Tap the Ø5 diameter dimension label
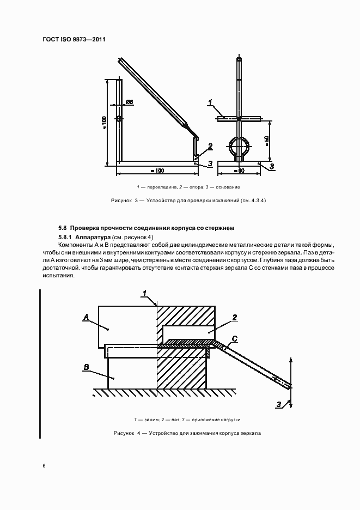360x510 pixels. [129, 102]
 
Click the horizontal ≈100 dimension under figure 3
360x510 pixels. [157, 171]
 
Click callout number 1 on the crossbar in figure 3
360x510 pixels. [210, 102]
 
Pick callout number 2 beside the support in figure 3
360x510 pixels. [209, 145]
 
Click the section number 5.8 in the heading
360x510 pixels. [62, 227]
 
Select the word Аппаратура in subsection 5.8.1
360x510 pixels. [93, 238]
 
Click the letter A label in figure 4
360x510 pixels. [86, 316]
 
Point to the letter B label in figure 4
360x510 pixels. [86, 368]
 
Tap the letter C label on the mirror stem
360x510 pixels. [234, 339]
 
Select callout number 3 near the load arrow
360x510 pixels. [278, 404]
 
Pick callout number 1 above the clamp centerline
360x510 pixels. [145, 293]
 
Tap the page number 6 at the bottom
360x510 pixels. [44, 466]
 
